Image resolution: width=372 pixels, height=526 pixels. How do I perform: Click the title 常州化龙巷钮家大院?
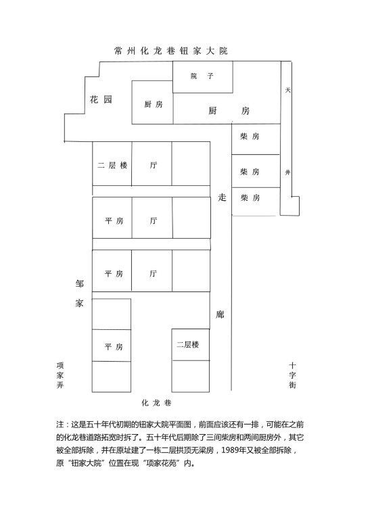171,51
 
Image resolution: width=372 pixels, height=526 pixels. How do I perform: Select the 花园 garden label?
101,99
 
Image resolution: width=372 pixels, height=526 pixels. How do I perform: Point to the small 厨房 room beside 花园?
152,102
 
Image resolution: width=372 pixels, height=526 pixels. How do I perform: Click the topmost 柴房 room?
256,139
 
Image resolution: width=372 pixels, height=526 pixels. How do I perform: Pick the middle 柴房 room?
256,171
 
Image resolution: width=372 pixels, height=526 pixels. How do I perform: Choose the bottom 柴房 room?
256,201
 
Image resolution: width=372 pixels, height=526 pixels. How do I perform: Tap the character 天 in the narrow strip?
287,90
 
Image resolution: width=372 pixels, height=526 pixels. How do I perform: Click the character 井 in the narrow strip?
287,172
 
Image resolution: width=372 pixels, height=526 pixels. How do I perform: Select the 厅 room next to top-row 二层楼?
152,164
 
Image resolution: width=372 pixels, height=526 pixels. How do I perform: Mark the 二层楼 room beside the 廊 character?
191,345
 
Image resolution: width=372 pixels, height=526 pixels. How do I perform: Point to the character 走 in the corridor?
222,197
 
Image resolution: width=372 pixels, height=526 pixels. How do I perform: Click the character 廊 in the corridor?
220,314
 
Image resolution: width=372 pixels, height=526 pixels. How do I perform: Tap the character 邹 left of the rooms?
79,284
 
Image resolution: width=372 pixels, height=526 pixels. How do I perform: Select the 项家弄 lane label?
60,375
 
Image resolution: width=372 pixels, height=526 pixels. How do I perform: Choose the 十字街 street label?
292,375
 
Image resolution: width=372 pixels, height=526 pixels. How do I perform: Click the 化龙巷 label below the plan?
156,403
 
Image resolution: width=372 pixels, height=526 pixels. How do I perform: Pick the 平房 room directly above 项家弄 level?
112,345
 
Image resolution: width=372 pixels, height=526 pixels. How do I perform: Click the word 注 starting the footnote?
60,425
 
